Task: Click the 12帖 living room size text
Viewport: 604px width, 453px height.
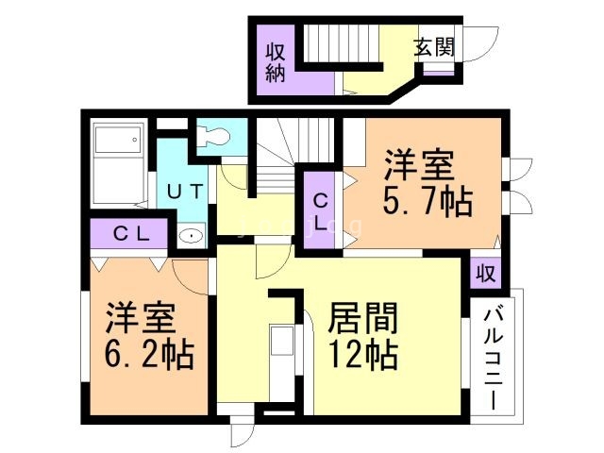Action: (362, 356)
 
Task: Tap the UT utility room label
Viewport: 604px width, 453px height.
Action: (185, 191)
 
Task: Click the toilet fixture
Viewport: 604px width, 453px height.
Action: (215, 137)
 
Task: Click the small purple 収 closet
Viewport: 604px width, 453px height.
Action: (485, 273)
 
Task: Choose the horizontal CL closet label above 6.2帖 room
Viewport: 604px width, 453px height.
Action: (131, 233)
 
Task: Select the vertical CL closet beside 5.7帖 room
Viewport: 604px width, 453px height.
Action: (321, 211)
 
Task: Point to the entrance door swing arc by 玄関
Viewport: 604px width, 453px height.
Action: (478, 42)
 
